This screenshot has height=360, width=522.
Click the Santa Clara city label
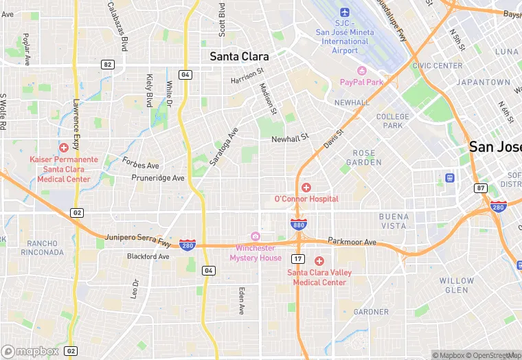(x=239, y=56)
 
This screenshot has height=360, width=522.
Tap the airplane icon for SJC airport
(x=345, y=13)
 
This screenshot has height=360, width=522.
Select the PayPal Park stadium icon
(x=361, y=71)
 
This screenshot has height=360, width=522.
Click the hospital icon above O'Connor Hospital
(x=306, y=188)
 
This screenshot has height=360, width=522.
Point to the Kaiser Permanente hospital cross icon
(x=64, y=148)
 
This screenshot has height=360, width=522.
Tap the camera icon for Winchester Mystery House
(x=256, y=236)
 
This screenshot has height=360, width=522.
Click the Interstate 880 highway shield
(x=298, y=224)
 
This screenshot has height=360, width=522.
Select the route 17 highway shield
(x=297, y=258)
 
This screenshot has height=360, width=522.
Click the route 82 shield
(x=107, y=64)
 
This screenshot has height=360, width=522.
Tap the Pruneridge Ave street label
(x=158, y=178)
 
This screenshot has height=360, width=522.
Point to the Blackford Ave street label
(x=148, y=256)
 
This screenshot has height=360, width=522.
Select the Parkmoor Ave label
(x=352, y=242)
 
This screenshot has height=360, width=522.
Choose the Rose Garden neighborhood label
(x=364, y=157)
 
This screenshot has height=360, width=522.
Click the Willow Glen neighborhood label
(x=457, y=285)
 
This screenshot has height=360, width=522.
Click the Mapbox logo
(x=30, y=351)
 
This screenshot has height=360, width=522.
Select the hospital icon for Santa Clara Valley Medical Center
(x=319, y=261)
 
